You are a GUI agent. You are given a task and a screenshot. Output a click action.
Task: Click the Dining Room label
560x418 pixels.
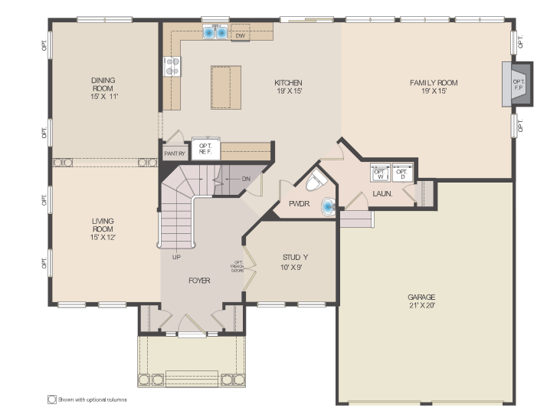coord(103,88)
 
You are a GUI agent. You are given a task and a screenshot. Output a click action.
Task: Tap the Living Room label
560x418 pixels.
coord(103,229)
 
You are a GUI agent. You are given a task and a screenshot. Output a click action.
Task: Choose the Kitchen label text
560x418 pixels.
coord(289,87)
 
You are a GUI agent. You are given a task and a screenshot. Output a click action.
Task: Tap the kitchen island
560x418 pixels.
coord(225,87)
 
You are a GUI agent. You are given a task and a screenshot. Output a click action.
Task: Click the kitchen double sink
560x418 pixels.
coord(215,33)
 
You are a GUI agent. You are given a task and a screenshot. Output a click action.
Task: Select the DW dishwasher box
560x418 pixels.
coord(241,35)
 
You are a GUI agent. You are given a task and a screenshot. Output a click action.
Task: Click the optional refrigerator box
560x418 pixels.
coord(205,149)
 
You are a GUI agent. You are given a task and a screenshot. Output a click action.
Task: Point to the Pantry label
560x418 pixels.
coord(175,154)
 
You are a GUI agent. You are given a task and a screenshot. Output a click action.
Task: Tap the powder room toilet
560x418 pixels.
coord(316,183)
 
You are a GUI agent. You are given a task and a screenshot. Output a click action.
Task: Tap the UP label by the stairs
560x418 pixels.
coord(176,257)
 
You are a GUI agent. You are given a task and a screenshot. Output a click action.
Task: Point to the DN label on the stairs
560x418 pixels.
coord(246,179)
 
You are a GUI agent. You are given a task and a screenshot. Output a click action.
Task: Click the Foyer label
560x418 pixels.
coord(199,280)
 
